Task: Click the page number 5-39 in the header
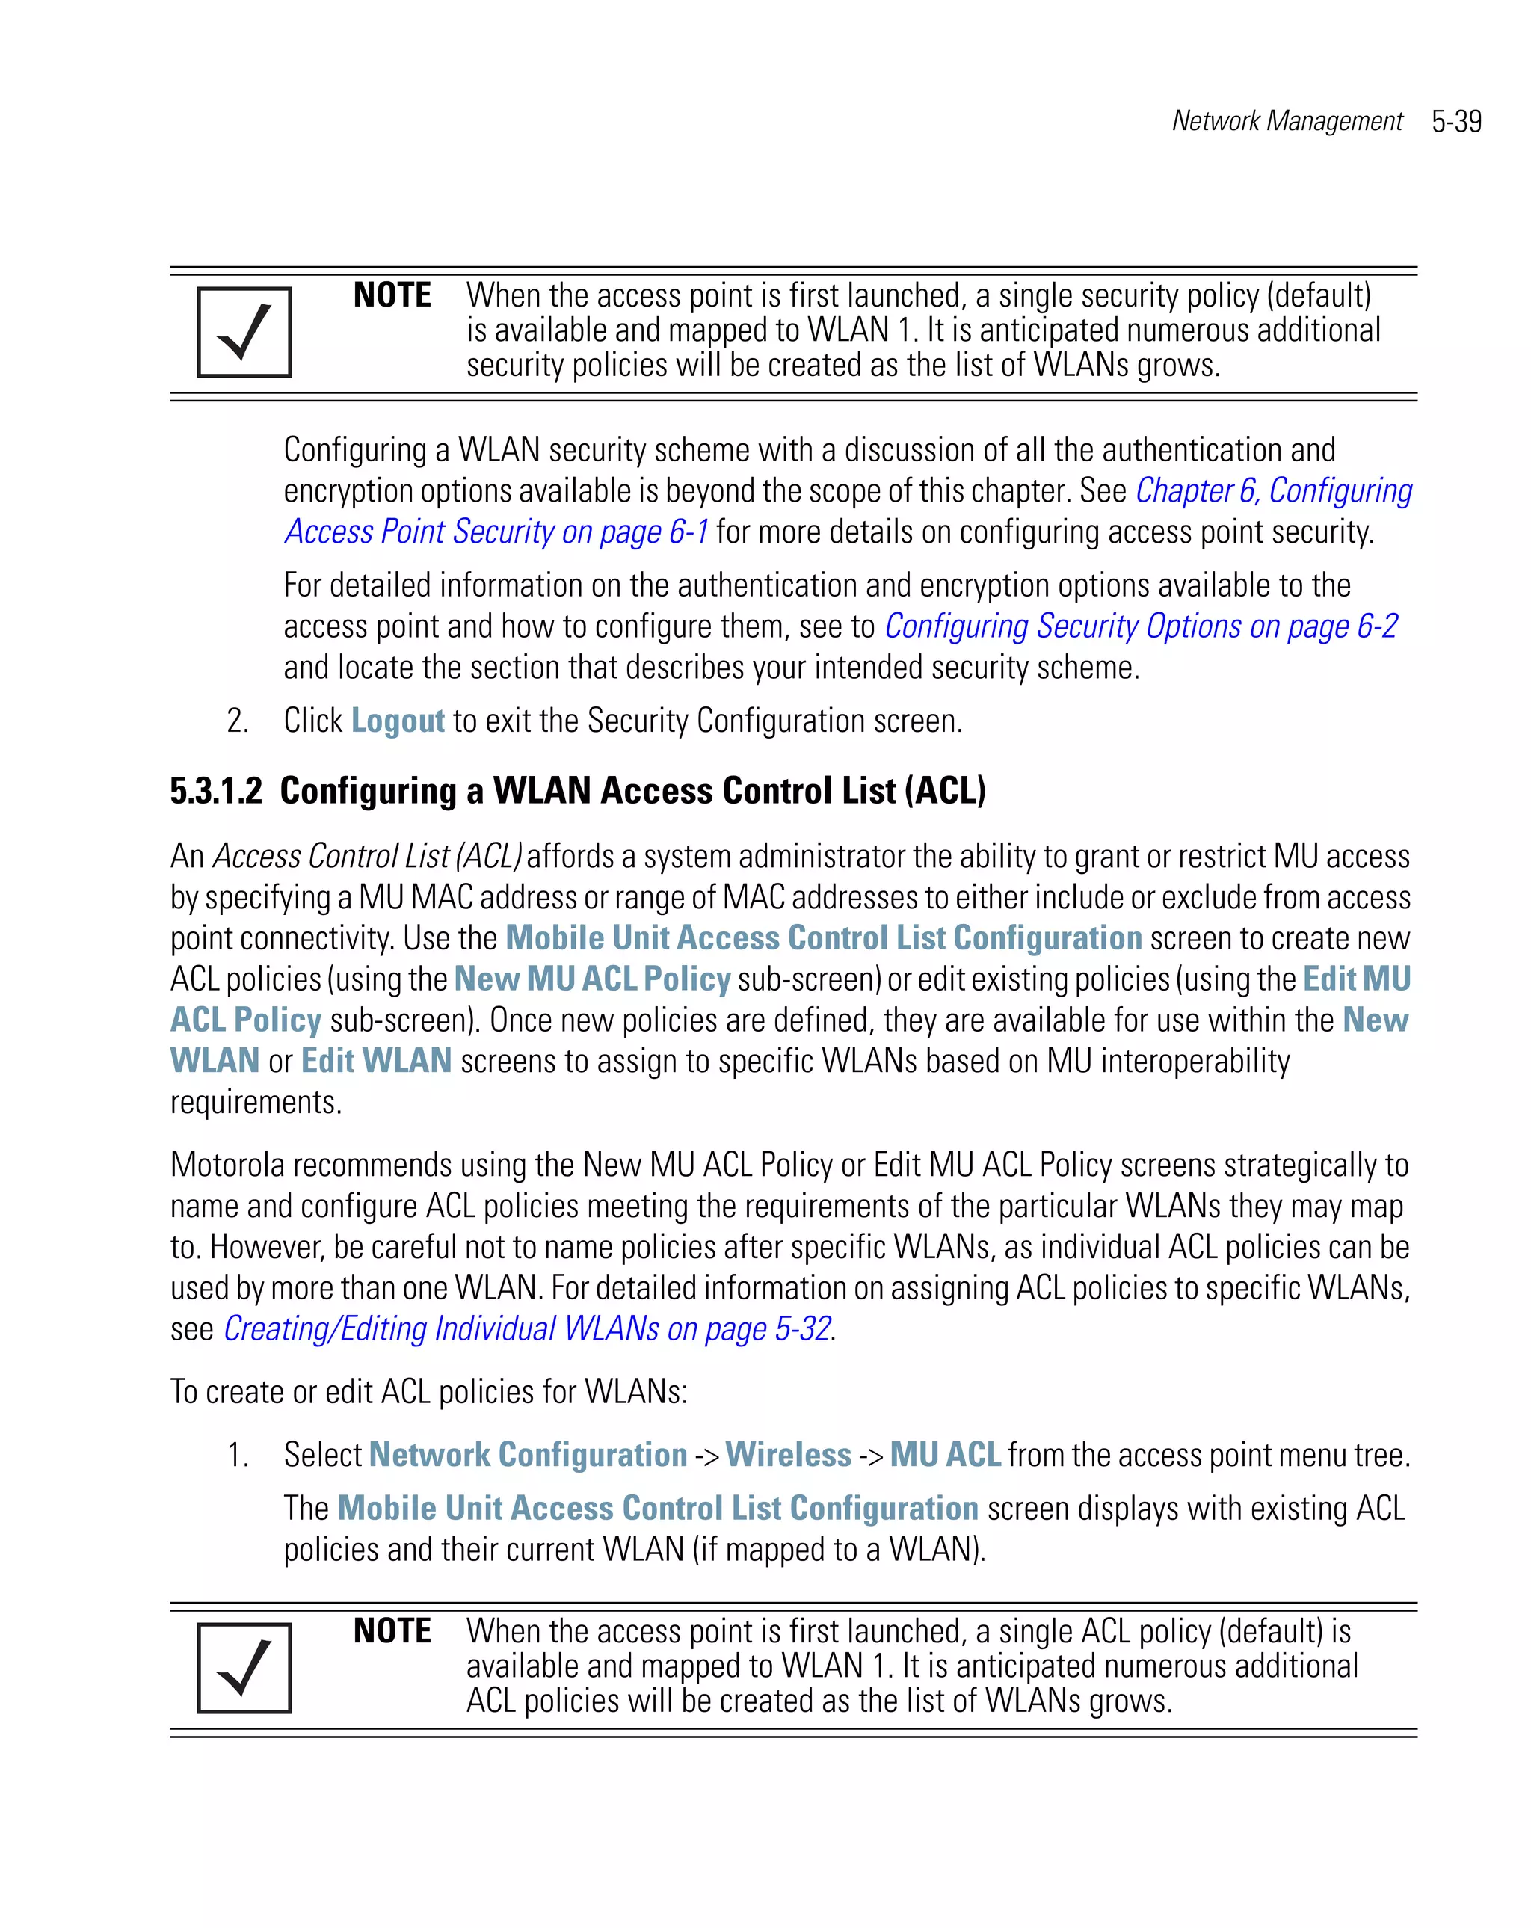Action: tap(1456, 122)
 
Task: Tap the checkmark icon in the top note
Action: tap(244, 332)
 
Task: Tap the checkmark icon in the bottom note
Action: tap(244, 1668)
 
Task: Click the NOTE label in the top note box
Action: tap(392, 295)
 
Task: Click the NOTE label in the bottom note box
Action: tap(392, 1631)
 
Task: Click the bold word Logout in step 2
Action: tap(397, 721)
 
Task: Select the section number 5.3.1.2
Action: tap(216, 792)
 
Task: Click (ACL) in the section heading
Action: tap(944, 792)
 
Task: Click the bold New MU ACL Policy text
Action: tap(592, 979)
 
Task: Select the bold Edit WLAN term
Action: tap(375, 1062)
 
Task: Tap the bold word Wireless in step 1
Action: tap(788, 1455)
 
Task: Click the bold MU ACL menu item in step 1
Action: tap(944, 1455)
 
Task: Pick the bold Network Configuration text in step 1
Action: tap(528, 1455)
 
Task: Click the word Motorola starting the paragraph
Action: tap(227, 1165)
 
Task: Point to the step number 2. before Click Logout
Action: tap(238, 721)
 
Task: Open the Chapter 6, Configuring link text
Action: tap(1273, 491)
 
